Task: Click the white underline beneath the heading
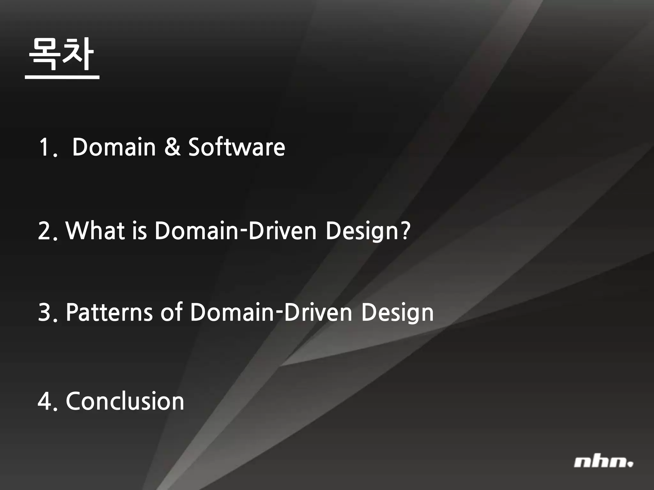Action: [62, 77]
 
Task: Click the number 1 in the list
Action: [44, 147]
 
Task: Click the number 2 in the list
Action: [45, 231]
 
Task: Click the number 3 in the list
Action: [45, 312]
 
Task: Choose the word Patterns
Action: [109, 312]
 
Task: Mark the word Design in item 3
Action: [397, 313]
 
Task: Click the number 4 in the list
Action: [45, 401]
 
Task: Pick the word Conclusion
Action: [125, 401]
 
